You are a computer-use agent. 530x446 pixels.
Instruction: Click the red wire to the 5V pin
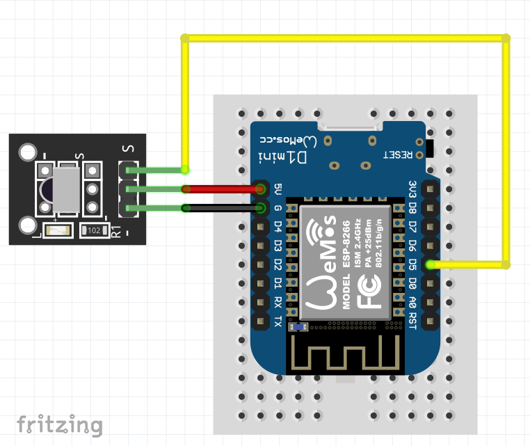point(223,189)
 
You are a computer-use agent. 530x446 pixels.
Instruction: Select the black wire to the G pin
point(223,207)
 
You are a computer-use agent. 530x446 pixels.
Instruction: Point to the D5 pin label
point(412,264)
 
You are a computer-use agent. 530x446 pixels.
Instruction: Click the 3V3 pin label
point(412,189)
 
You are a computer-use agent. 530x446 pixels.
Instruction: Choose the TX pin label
point(278,321)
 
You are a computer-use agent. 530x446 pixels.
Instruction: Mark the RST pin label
point(412,321)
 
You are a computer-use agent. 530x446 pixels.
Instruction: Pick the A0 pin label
point(412,302)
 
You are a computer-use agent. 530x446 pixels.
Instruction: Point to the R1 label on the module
point(117,230)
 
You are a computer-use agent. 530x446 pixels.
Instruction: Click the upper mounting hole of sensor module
point(28,152)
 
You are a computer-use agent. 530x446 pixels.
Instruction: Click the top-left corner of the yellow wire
point(185,38)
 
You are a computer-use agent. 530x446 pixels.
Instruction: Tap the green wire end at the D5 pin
point(431,264)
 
